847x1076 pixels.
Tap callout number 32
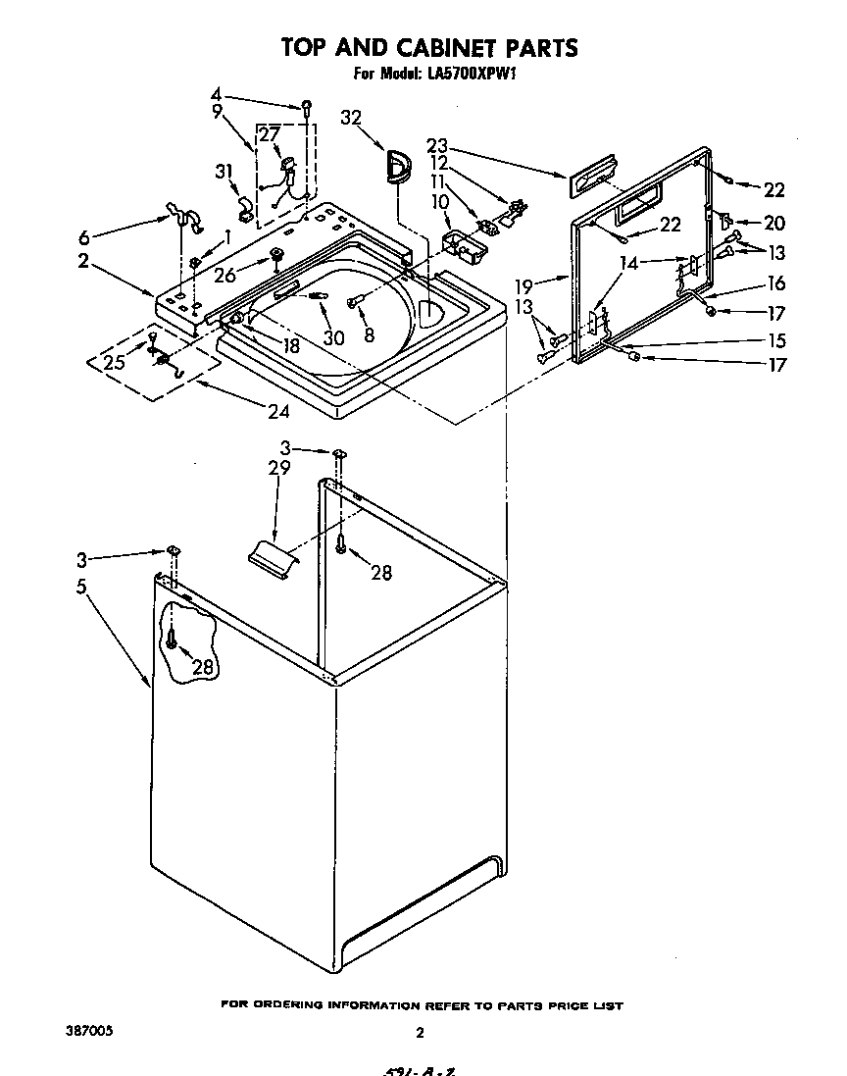351,118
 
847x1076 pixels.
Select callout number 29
279,468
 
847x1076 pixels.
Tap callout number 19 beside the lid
525,286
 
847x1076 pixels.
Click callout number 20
773,224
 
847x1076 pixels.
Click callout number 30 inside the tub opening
333,336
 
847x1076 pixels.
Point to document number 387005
86,1032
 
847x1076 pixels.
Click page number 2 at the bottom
419,1032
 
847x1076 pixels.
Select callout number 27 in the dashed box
269,135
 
